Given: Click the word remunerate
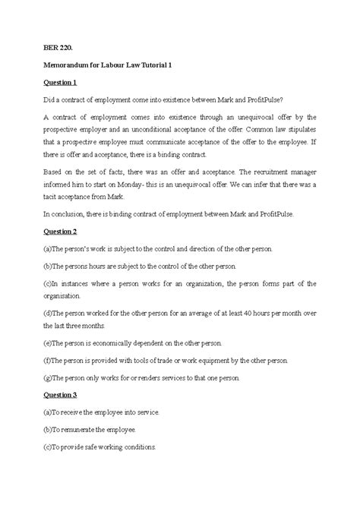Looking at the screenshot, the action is pos(84,429).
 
